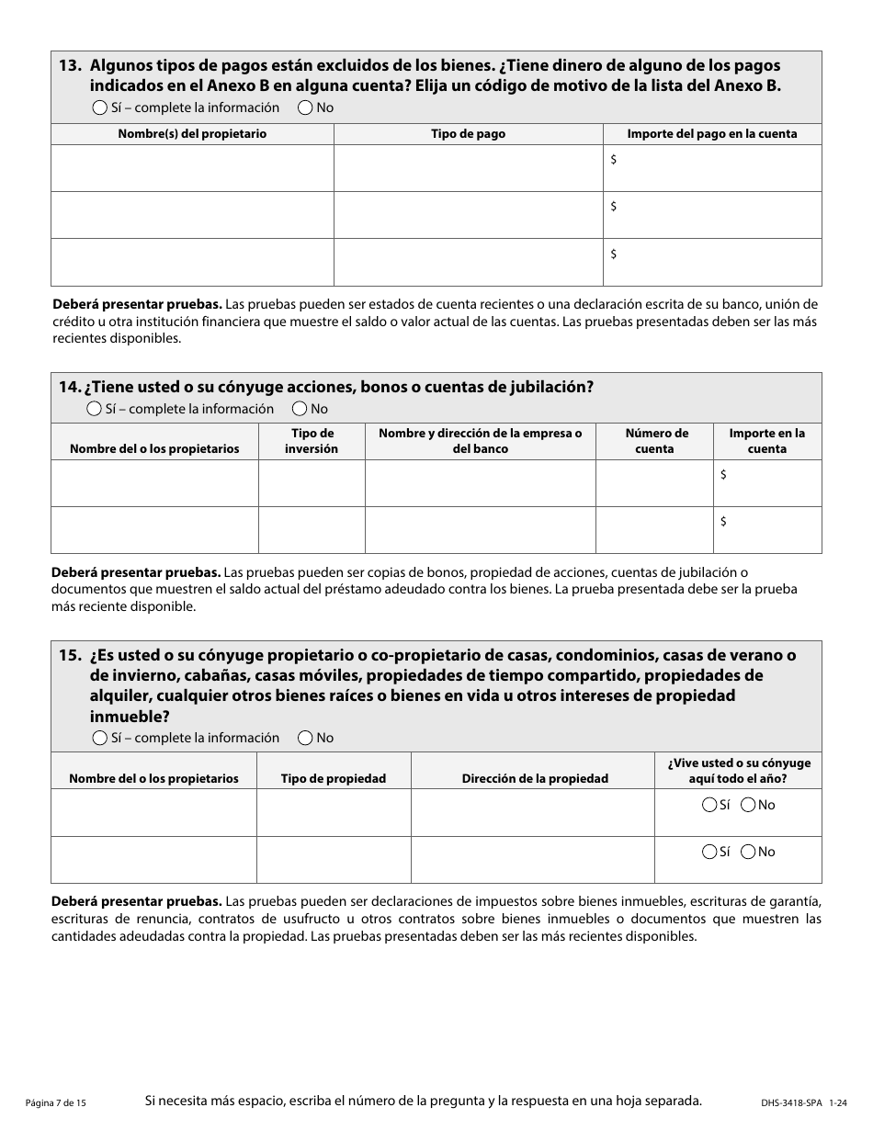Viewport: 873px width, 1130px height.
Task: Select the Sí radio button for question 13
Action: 100,107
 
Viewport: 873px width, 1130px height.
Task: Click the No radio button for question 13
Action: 305,107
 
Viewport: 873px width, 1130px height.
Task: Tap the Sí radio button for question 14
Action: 94,409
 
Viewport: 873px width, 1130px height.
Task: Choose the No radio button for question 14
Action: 300,409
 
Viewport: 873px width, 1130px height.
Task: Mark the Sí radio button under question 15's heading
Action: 100,738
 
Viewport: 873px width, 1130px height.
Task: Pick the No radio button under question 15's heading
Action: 305,738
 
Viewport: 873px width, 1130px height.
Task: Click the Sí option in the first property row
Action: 709,805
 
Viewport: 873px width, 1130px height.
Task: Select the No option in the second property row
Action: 748,852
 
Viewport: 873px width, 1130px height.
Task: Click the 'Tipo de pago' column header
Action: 468,134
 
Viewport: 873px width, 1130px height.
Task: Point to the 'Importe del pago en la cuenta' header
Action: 711,134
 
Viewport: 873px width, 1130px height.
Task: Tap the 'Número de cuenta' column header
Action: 656,441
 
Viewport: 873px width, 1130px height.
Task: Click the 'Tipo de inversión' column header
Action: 313,441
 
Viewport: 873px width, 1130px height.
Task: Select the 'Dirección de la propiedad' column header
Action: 535,778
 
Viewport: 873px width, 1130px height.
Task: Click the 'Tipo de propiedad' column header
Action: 334,778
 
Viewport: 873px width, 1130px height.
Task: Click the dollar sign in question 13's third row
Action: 614,254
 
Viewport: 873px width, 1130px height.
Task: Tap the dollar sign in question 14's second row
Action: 724,522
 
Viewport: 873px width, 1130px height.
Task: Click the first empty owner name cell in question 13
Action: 192,168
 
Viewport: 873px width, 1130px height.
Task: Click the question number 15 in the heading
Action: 70,655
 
